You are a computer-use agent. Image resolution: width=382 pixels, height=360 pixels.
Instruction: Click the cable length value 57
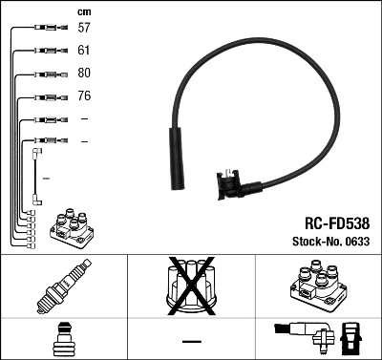tap(84, 29)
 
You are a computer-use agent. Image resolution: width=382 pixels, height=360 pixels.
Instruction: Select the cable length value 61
tap(84, 51)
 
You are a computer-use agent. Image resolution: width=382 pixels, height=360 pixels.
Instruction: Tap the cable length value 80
tap(84, 74)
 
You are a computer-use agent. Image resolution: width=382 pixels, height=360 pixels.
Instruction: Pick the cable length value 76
tap(84, 96)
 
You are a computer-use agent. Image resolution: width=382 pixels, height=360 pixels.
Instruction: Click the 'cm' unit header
tap(83, 11)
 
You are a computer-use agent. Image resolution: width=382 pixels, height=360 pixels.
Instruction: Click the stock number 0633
tap(357, 241)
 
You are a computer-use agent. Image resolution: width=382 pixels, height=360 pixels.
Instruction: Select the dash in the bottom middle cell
tap(191, 341)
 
